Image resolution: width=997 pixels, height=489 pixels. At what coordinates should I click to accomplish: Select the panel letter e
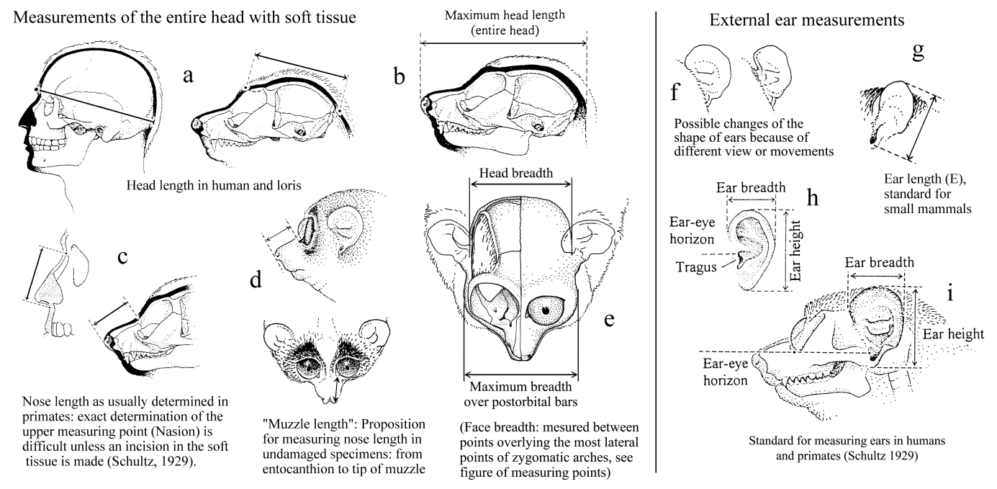[x=608, y=318]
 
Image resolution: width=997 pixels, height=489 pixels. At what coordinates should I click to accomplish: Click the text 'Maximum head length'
[x=503, y=14]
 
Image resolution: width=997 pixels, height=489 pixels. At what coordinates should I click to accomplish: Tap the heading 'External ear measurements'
[x=808, y=20]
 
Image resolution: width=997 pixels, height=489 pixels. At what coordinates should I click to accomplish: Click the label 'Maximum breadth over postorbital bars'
[x=520, y=393]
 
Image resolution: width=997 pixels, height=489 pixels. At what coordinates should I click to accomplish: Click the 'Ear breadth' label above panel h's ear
[x=751, y=187]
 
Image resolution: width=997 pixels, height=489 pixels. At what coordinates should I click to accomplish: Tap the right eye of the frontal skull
[x=545, y=310]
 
